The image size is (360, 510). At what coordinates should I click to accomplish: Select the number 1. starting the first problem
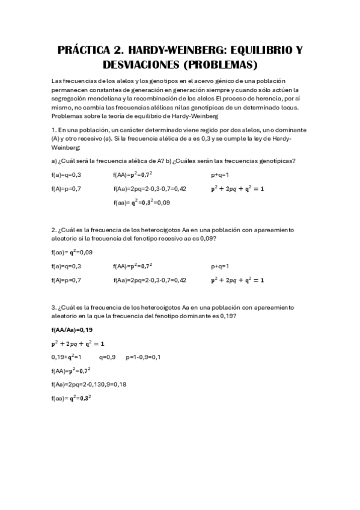54,129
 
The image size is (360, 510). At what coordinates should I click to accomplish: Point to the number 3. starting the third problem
54,307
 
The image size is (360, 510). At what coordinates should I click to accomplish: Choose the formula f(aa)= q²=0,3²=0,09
141,203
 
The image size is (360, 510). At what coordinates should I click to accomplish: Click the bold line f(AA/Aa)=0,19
72,330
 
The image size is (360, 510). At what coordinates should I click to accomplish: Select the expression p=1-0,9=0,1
143,357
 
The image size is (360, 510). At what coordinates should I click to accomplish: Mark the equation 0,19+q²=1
66,357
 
